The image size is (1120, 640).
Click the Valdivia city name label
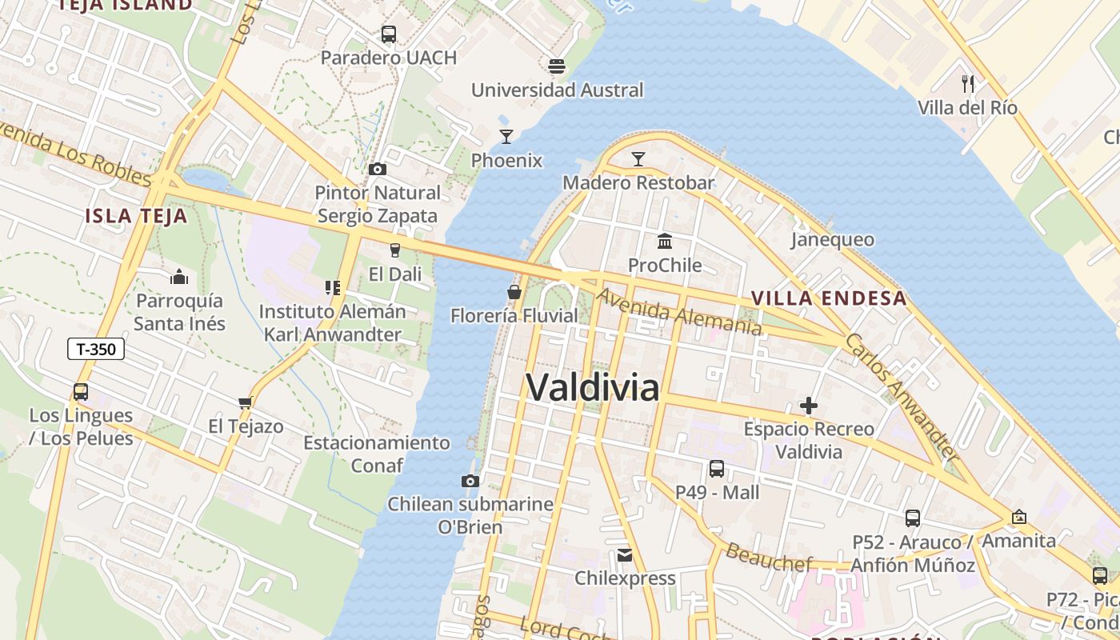coord(593,388)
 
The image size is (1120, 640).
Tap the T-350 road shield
coord(95,349)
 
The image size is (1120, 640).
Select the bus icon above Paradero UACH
coord(388,34)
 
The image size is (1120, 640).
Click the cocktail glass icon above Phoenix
coord(506,137)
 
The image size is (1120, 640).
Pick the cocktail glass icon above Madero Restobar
coord(638,159)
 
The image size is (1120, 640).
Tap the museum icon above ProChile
coord(664,241)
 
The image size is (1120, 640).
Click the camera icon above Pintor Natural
coord(377,169)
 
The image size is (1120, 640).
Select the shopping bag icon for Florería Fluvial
coord(514,292)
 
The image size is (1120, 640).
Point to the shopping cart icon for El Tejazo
coord(245,402)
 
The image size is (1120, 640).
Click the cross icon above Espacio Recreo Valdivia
coord(809,406)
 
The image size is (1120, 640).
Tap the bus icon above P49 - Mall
coord(716,469)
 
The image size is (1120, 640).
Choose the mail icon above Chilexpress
coord(625,554)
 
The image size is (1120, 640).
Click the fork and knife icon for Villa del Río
coord(967,82)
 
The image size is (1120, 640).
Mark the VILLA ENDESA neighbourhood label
coord(829,298)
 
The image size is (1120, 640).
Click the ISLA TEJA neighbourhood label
coord(136,215)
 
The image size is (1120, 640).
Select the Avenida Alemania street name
coord(678,312)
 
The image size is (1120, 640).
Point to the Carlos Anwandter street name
coord(902,398)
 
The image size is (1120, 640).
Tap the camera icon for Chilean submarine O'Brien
coord(470,481)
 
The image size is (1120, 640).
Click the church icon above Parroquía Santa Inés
coord(179,277)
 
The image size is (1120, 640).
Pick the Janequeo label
coord(832,240)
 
